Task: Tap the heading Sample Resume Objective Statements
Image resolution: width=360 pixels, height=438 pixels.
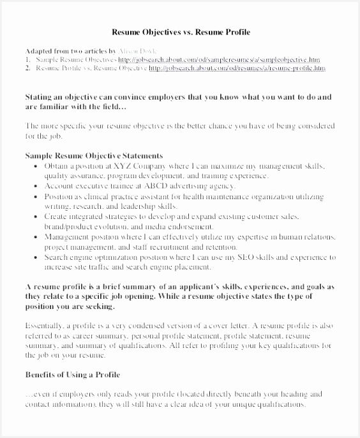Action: coord(94,155)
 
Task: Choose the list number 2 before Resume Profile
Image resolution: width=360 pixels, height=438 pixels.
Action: coord(28,67)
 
